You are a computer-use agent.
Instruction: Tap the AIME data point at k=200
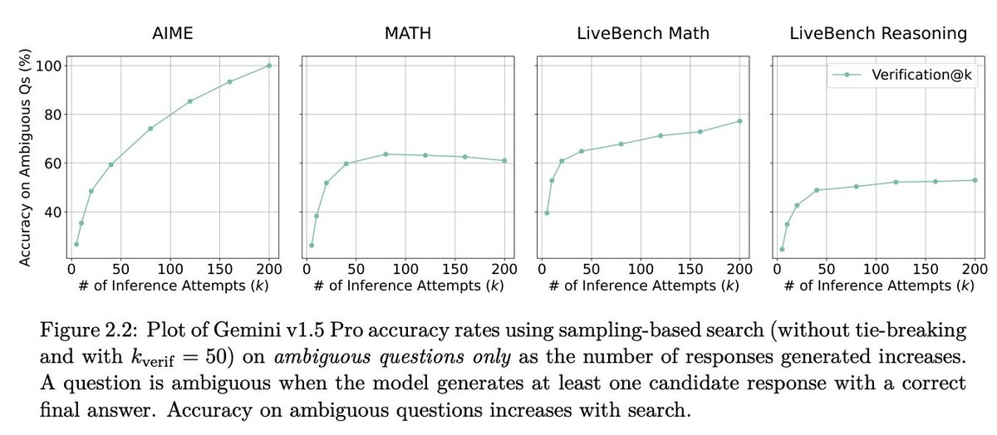pyautogui.click(x=269, y=66)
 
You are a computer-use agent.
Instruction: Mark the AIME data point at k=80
pyautogui.click(x=150, y=129)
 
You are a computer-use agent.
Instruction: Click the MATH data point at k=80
pyautogui.click(x=386, y=154)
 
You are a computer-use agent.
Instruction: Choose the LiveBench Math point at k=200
pyautogui.click(x=739, y=121)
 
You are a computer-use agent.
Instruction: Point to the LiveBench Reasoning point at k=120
pyautogui.click(x=896, y=182)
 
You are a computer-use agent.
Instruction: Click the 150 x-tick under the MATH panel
pyautogui.click(x=455, y=271)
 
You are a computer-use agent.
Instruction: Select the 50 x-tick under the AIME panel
pyautogui.click(x=120, y=271)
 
